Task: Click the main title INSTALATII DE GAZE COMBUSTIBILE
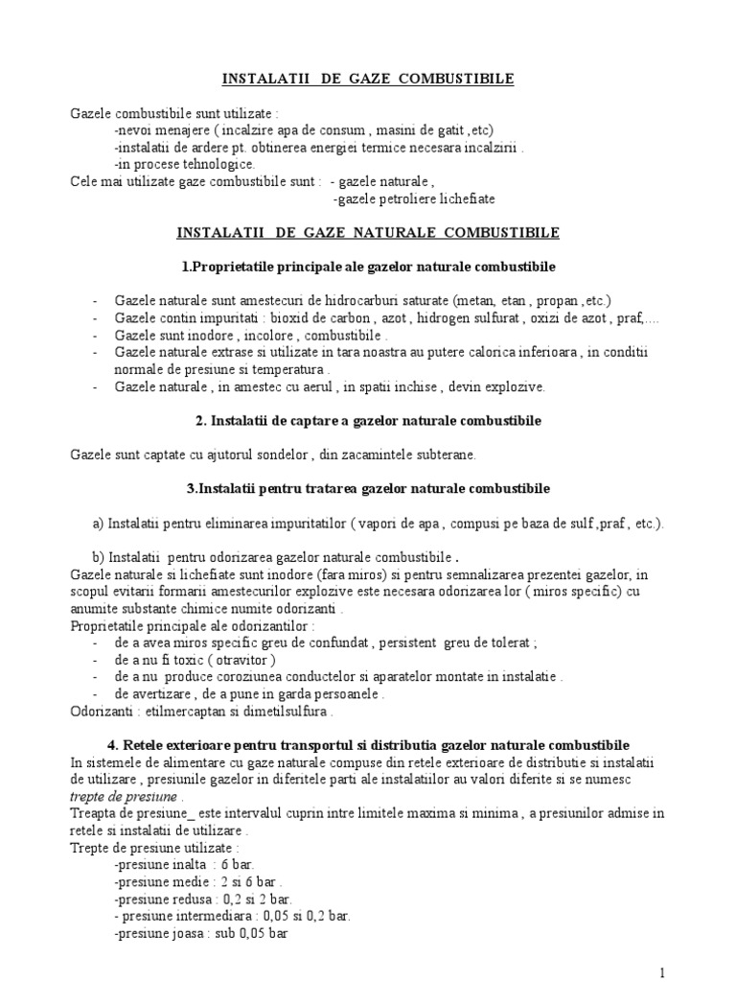coord(368,80)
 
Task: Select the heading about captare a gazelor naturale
coord(368,421)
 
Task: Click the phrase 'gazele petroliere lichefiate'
coord(415,199)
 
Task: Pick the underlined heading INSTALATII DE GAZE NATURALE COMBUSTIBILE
coord(368,233)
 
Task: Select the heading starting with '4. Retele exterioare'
coord(368,745)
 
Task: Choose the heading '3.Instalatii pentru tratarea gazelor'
coord(368,488)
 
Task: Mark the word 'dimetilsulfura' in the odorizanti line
coord(285,713)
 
